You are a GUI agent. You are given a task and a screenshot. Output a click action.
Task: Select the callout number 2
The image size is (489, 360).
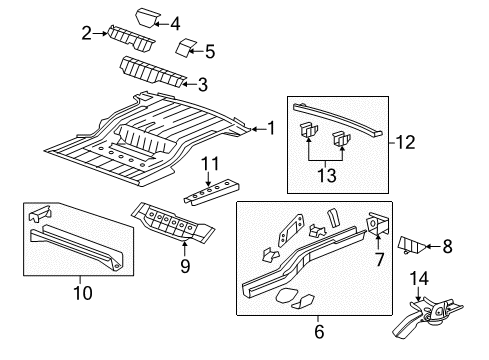tap(86, 33)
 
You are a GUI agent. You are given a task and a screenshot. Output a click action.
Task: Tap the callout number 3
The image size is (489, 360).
tap(202, 84)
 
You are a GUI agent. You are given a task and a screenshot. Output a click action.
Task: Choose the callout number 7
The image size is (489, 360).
tap(378, 259)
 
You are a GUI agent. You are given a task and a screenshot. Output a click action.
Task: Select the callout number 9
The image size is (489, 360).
tap(183, 267)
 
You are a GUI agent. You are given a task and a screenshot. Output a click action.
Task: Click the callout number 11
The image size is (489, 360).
tap(211, 162)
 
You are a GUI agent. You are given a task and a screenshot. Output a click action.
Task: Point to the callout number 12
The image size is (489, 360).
tap(405, 143)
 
